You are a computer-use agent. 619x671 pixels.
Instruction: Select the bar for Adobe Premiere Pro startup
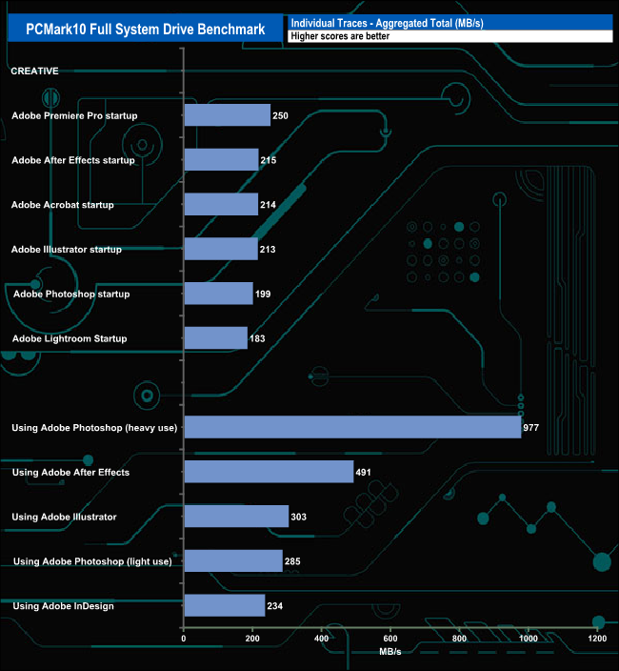227,115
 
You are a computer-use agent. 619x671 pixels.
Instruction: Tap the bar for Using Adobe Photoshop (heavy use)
351,427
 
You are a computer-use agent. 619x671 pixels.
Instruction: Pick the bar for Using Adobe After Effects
268,472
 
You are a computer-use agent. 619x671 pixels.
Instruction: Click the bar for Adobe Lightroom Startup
215,338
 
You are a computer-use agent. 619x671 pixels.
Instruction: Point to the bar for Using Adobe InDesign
224,605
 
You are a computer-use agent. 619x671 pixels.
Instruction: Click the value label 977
531,428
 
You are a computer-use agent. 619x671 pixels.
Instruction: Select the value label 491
364,472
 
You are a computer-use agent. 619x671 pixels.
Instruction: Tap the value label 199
264,294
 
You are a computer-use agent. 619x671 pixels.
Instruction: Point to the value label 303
299,517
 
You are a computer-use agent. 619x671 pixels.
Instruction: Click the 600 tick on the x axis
390,639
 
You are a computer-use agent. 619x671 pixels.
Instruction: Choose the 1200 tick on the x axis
597,639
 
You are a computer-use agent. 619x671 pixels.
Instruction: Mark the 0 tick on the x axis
184,639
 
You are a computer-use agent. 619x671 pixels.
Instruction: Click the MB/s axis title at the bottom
390,654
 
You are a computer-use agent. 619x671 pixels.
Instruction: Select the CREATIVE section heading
34,71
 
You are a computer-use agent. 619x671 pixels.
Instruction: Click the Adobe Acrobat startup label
62,205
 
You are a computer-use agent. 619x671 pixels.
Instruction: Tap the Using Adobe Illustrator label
64,517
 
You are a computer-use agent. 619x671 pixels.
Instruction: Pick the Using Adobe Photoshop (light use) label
92,561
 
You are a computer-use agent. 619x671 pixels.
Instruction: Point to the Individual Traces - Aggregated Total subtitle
387,22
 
